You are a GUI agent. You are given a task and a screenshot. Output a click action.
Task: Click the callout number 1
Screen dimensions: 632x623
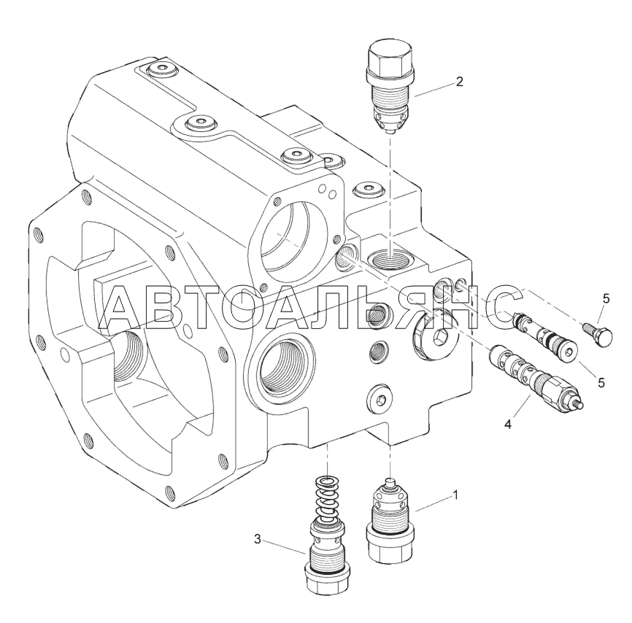pos(455,495)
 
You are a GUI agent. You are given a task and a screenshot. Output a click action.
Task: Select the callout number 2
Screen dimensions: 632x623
pos(459,82)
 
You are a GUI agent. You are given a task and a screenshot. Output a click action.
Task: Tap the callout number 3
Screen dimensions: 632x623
pos(258,539)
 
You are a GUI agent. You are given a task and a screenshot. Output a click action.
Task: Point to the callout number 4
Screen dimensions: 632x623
pos(508,424)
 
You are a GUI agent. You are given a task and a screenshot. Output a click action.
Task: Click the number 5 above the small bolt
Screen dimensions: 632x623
pos(606,299)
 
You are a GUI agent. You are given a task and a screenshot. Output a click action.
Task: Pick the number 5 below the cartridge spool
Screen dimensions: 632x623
pos(601,382)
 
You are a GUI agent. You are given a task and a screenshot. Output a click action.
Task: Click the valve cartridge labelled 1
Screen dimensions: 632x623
pos(390,520)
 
